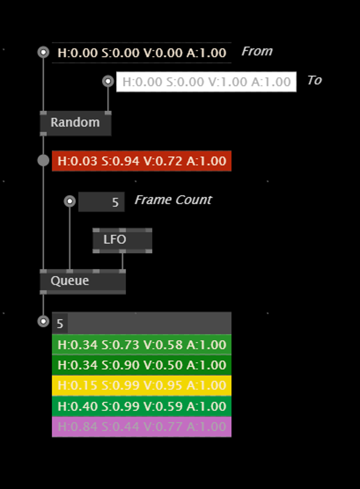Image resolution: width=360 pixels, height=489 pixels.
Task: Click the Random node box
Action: [76, 123]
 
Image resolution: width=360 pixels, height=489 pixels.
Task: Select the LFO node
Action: [123, 240]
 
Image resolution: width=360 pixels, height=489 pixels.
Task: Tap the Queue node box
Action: [83, 281]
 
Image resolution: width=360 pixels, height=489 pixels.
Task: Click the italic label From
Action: [257, 51]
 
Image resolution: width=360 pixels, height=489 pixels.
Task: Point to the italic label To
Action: [314, 80]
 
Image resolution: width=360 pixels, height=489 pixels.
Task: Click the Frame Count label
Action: [173, 200]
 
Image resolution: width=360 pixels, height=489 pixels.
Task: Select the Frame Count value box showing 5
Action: [101, 202]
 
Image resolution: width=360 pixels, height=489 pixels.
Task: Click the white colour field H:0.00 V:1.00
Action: [206, 81]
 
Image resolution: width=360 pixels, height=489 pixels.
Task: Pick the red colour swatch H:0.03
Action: [142, 161]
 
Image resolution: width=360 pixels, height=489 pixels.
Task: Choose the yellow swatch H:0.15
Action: [142, 385]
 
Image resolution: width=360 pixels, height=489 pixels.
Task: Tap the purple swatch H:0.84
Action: [142, 427]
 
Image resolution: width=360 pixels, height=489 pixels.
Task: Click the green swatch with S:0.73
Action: [142, 345]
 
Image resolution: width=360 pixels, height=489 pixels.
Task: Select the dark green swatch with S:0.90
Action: [142, 365]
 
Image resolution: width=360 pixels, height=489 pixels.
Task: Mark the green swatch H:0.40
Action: [142, 406]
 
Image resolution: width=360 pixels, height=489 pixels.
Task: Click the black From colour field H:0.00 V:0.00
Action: [142, 53]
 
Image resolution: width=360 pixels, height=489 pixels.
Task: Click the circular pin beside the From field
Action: [43, 52]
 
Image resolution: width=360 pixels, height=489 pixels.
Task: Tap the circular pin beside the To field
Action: [108, 81]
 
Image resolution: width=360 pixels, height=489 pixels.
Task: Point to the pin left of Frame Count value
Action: [70, 201]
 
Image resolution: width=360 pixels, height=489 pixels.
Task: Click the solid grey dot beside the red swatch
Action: [43, 160]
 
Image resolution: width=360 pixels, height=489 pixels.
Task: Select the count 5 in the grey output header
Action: [60, 324]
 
